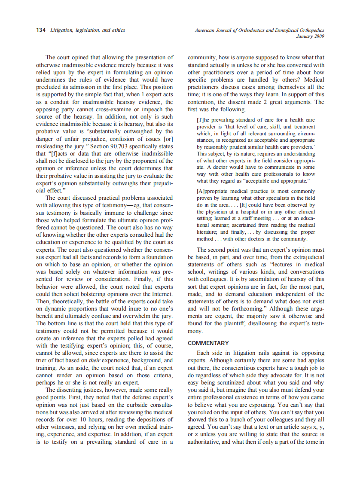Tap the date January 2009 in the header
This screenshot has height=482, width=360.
tap(310, 36)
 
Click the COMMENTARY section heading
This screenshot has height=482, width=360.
tap(208, 343)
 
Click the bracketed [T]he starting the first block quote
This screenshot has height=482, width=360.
tap(204, 119)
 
